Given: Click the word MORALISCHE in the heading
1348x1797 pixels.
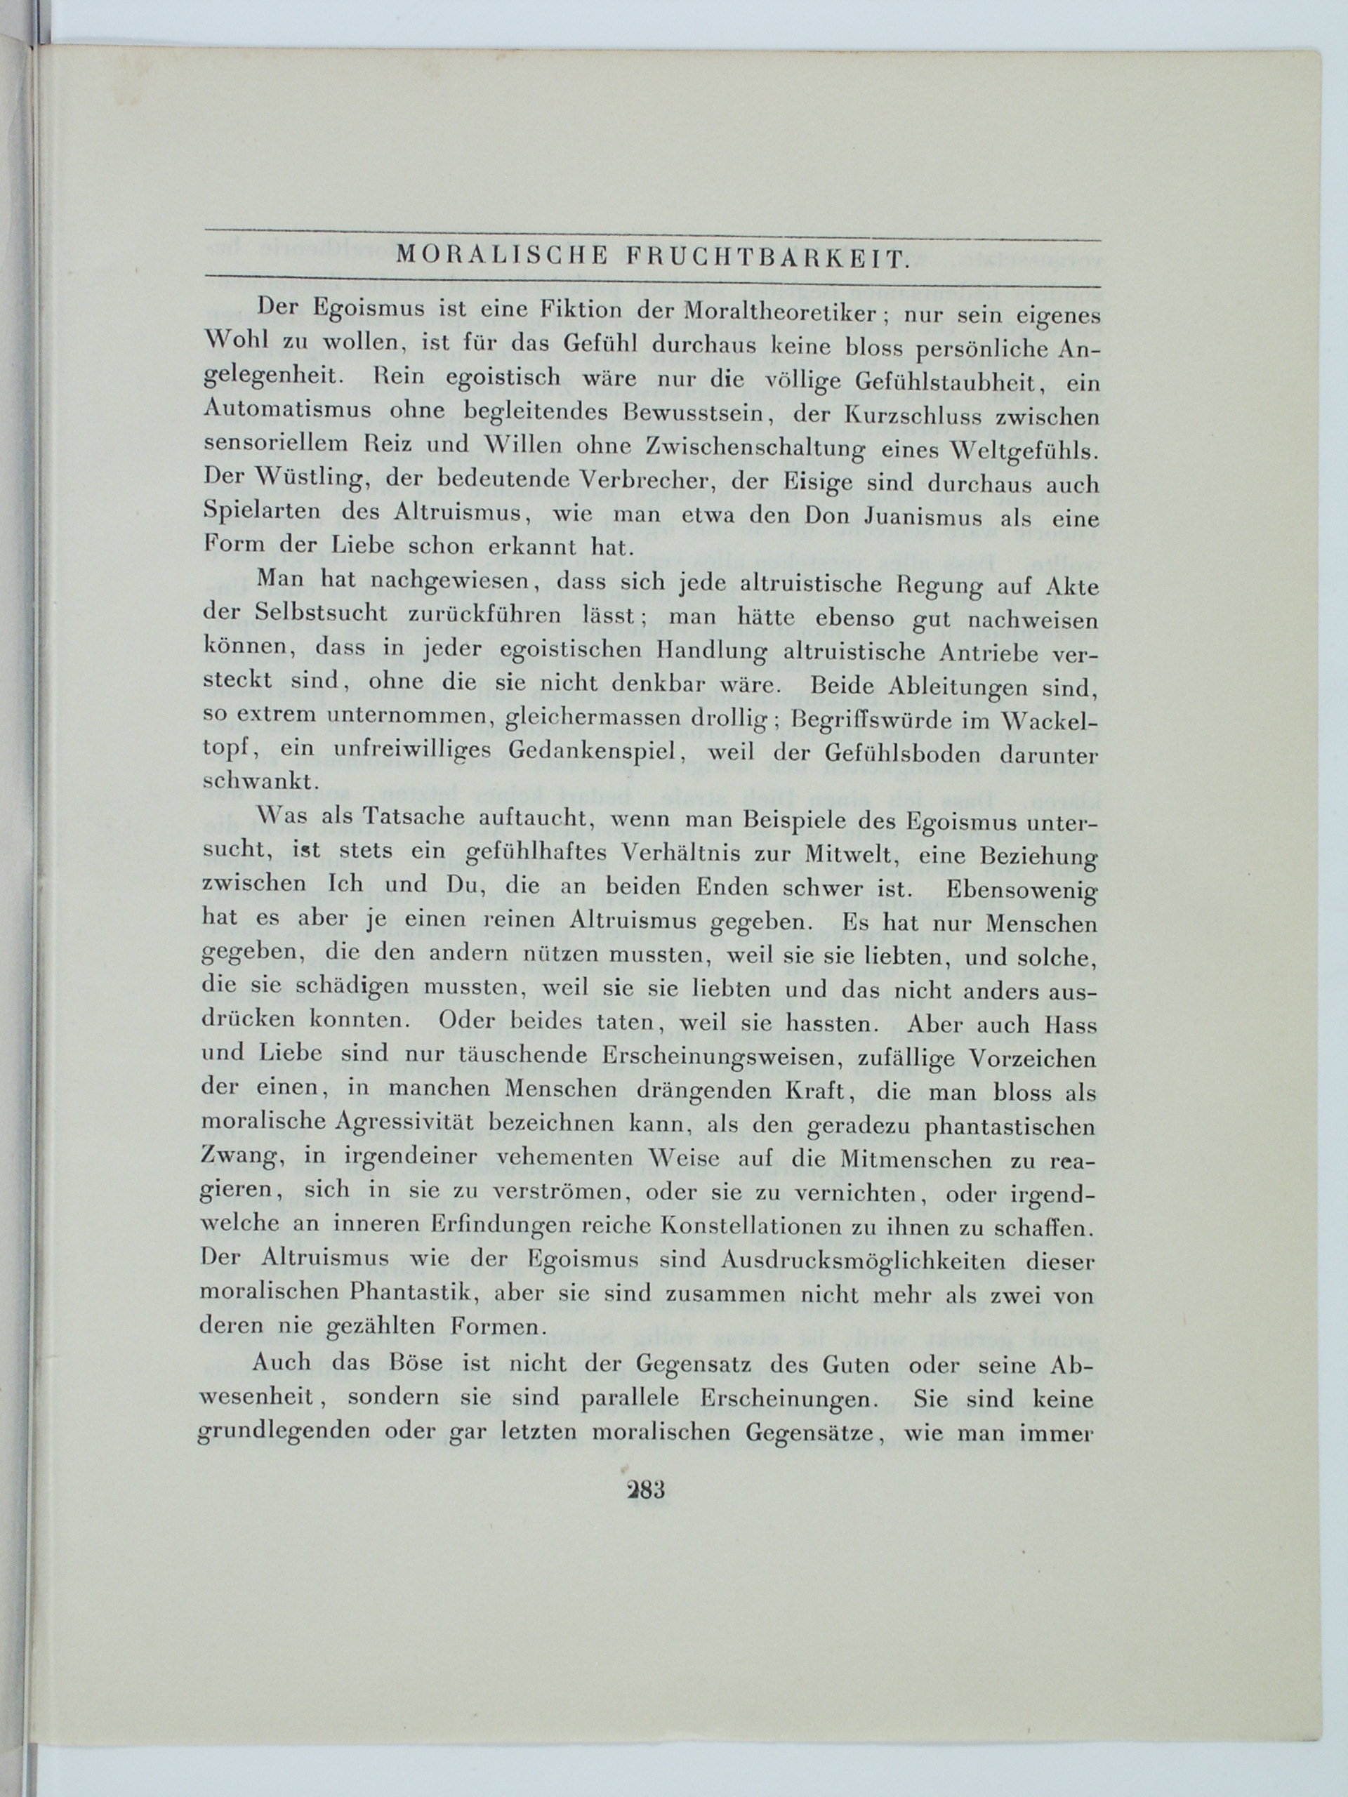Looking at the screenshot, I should tap(501, 258).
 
